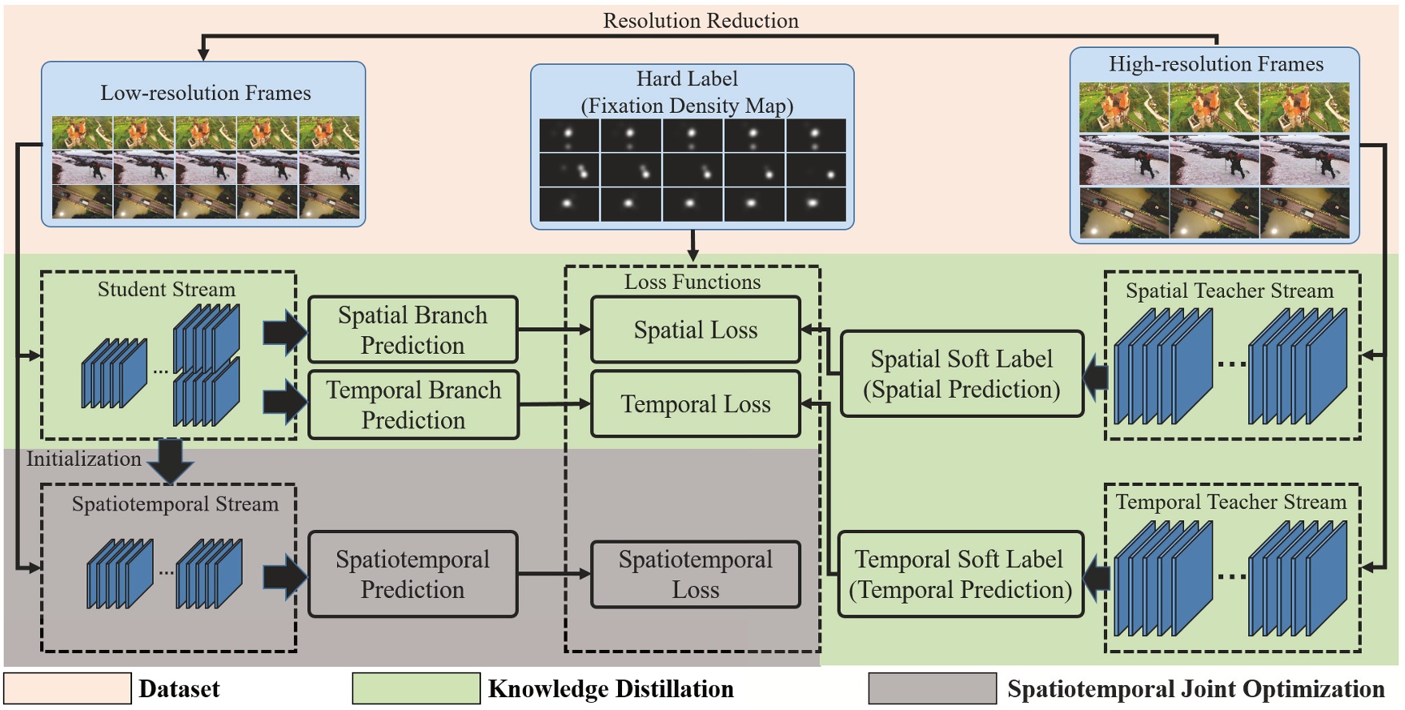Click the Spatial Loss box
[x=695, y=330]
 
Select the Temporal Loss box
[x=695, y=404]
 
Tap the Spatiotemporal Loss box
[x=695, y=574]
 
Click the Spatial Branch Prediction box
[x=412, y=330]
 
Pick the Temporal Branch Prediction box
[x=412, y=404]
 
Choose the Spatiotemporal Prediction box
[x=412, y=574]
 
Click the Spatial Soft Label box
[x=961, y=374]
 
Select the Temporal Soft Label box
[x=960, y=574]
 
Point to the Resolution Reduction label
[x=700, y=21]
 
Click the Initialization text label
[x=83, y=459]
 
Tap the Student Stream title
[x=167, y=289]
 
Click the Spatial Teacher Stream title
[x=1230, y=291]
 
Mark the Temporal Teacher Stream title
[x=1230, y=502]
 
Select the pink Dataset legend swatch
[x=67, y=688]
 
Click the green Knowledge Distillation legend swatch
[x=416, y=688]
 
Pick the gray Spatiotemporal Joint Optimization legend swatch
[x=933, y=688]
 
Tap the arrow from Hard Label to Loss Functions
[x=692, y=245]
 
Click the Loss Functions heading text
[x=692, y=282]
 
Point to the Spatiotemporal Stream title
[x=175, y=504]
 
